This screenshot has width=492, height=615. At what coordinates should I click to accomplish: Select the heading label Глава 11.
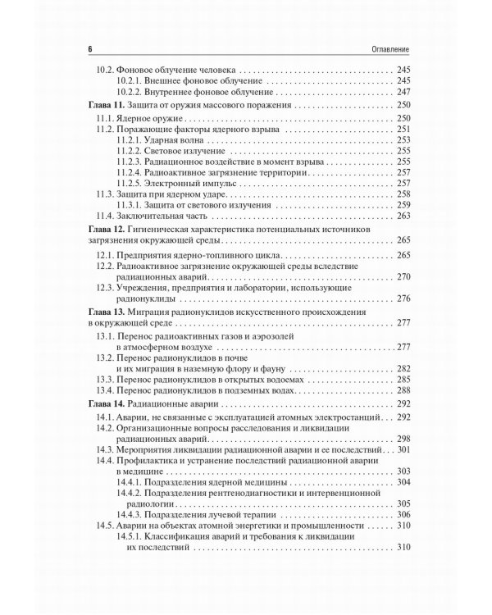tap(106, 107)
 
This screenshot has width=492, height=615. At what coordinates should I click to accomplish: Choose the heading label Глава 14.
tap(106, 404)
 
